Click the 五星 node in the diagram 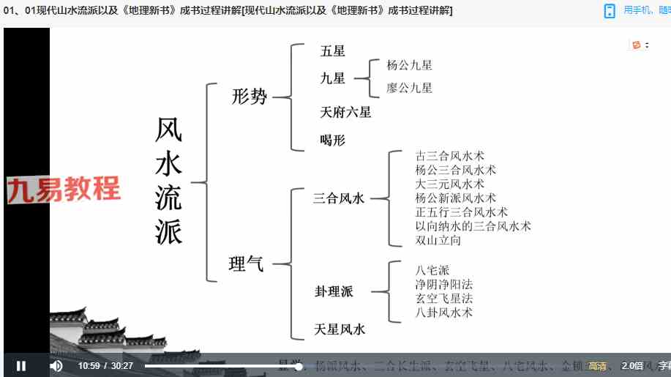(x=333, y=51)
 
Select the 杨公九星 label (x=409, y=65)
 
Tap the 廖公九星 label (x=409, y=88)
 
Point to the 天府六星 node (x=345, y=112)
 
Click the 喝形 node (x=332, y=140)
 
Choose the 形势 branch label (x=250, y=96)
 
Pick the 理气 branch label (x=247, y=264)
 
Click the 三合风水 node (x=339, y=198)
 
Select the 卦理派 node (x=334, y=291)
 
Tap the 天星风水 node (x=340, y=329)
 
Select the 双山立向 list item (x=438, y=240)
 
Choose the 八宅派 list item (x=432, y=269)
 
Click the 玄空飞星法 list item (x=443, y=298)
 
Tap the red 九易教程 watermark (x=64, y=190)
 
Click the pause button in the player (x=21, y=366)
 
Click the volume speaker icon (x=56, y=366)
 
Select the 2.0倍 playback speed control (x=631, y=366)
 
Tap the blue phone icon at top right (x=610, y=10)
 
